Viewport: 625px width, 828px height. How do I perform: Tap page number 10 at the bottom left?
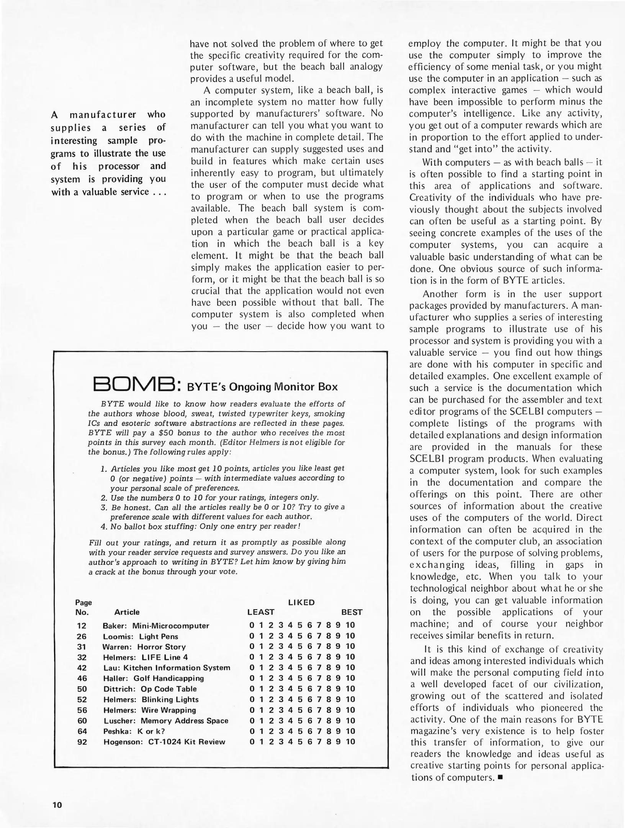point(57,804)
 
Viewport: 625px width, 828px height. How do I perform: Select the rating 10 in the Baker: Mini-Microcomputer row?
point(350,625)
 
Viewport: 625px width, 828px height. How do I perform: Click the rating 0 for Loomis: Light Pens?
point(251,636)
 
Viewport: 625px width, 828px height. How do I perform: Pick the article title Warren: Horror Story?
point(144,647)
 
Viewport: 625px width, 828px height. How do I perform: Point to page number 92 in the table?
point(82,741)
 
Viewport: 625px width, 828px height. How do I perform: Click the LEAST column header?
point(261,612)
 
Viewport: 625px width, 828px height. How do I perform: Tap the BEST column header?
point(351,612)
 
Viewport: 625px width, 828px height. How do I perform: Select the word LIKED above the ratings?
point(301,602)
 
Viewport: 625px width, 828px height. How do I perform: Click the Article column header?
point(127,612)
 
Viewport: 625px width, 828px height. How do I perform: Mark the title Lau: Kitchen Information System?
point(167,667)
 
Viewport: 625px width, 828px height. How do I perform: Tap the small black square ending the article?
point(500,778)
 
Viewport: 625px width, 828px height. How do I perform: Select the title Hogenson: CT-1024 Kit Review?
point(164,741)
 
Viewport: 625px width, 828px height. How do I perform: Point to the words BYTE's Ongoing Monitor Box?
point(262,386)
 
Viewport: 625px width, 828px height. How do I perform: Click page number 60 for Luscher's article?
point(82,720)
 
